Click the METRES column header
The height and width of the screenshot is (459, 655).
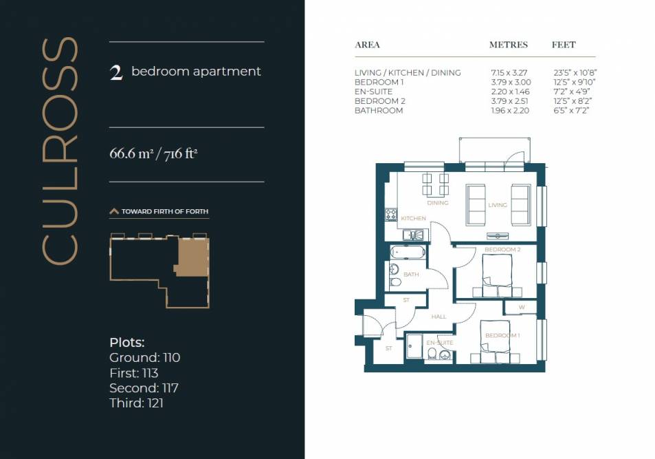509,45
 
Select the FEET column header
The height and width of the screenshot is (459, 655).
564,45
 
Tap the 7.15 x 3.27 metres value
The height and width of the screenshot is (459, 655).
509,73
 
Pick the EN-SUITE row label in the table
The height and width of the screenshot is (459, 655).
373,92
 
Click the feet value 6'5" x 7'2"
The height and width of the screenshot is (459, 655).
571,111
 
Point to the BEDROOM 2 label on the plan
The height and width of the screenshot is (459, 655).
502,250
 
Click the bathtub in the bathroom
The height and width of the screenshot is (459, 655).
408,253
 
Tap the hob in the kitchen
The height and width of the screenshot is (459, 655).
391,214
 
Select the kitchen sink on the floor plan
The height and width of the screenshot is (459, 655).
412,235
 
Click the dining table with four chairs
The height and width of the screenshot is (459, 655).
435,184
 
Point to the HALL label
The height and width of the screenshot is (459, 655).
438,317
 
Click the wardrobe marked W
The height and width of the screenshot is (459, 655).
520,307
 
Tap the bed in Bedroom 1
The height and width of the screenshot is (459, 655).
495,341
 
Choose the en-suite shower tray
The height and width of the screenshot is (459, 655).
414,346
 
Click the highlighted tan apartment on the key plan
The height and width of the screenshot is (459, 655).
192,257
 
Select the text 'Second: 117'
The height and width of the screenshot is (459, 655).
144,388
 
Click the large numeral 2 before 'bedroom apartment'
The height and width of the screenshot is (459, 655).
116,72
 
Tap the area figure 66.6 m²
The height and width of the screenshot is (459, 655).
130,153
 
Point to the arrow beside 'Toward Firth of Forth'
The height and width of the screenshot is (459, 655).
114,211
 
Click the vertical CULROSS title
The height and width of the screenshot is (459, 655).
60,151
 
